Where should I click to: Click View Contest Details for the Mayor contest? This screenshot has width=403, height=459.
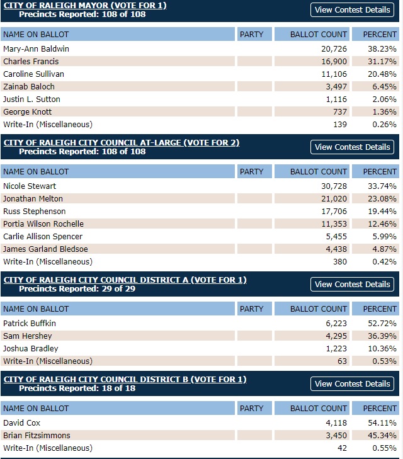(353, 9)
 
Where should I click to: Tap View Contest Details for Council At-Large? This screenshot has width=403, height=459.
(353, 147)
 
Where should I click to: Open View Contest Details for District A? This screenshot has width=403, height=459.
(353, 284)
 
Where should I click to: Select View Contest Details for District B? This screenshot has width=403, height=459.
(353, 383)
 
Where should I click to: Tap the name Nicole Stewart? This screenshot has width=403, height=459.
(30, 186)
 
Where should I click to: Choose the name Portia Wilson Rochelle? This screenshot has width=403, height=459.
(43, 224)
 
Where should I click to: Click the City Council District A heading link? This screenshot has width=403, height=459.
(125, 280)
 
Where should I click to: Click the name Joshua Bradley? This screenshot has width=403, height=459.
(30, 348)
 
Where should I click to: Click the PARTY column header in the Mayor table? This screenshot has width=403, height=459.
(252, 34)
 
